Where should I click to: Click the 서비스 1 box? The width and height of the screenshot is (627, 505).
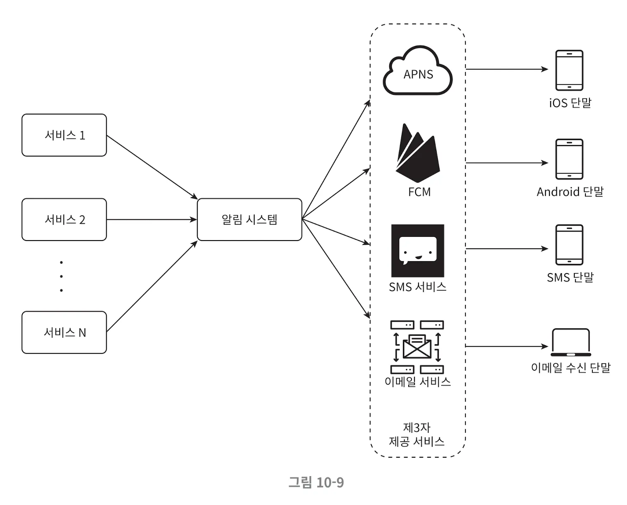point(64,135)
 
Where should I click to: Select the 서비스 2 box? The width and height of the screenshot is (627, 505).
point(64,220)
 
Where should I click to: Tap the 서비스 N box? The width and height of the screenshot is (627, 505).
point(64,332)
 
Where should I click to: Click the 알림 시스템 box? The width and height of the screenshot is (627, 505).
point(249,220)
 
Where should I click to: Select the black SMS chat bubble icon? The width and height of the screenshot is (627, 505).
point(417,250)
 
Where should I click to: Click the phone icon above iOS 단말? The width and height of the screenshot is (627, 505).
point(569,70)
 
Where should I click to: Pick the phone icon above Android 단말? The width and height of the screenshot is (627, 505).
point(569,159)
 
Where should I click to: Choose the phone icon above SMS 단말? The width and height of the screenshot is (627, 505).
point(569,245)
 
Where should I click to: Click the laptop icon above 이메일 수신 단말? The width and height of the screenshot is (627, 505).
point(571,342)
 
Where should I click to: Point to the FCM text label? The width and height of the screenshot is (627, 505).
point(419,192)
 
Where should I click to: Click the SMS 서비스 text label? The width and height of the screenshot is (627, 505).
point(417,287)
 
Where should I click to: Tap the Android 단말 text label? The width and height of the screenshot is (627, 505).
point(570,192)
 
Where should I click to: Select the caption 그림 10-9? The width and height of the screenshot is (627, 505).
point(316,482)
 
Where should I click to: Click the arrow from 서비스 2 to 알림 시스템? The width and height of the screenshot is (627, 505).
point(152,220)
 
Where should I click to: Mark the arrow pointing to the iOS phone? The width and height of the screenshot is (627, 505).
point(507,69)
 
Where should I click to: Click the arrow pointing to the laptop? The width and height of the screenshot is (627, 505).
point(507,346)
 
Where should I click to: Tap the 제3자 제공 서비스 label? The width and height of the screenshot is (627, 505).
point(417,435)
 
